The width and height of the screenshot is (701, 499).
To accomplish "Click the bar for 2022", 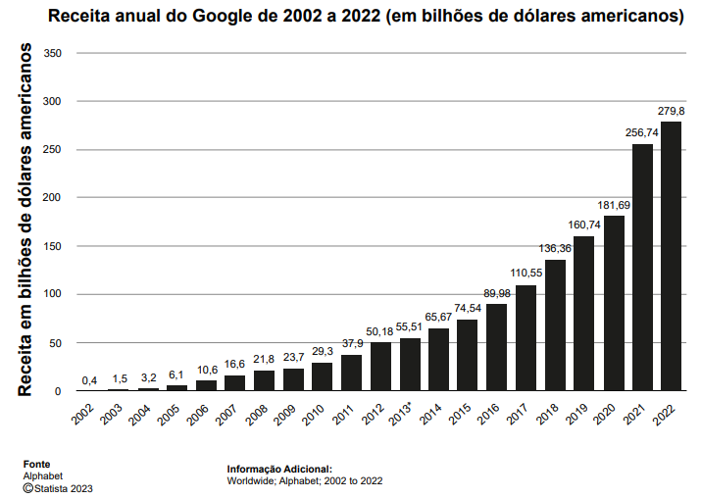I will tap(672, 256).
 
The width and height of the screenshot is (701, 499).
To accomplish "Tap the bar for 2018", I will tap(555, 324).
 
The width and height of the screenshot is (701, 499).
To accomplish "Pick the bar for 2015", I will tap(468, 355).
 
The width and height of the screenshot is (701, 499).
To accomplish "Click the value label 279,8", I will tap(672, 111).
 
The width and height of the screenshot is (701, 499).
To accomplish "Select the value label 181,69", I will tap(614, 205).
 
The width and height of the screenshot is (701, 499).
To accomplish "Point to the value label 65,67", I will tap(438, 317).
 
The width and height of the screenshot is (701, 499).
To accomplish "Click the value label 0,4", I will tap(89, 379).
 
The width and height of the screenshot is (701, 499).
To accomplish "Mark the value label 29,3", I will tap(323, 351).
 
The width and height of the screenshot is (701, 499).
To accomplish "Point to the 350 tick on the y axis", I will tap(53, 53).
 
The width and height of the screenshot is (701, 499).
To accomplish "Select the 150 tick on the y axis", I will tap(53, 246).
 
